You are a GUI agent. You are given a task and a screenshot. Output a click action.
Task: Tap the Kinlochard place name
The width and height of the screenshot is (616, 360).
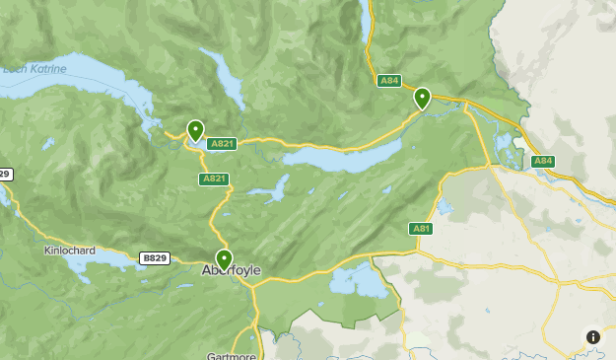pyautogui.click(x=70, y=251)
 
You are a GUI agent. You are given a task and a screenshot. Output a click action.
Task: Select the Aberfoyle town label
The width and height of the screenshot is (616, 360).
pyautogui.click(x=231, y=270)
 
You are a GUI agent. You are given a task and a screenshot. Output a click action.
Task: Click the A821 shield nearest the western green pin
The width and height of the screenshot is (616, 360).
pyautogui.click(x=221, y=144)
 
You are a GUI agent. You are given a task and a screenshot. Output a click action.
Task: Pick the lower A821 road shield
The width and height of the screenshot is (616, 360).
pyautogui.click(x=214, y=179)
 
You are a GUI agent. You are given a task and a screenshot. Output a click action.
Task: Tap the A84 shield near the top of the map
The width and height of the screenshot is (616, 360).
pyautogui.click(x=388, y=80)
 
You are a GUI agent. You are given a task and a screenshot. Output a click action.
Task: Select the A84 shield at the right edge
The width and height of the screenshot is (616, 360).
pyautogui.click(x=542, y=161)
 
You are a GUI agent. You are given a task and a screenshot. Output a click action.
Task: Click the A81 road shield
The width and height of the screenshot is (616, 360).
pyautogui.click(x=421, y=229)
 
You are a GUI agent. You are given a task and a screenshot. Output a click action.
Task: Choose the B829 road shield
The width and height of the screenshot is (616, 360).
pyautogui.click(x=154, y=258)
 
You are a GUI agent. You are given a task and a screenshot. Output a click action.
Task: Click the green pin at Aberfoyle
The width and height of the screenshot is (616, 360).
pyautogui.click(x=224, y=259)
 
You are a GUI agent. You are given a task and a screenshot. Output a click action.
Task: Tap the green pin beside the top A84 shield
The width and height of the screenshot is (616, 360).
pyautogui.click(x=422, y=98)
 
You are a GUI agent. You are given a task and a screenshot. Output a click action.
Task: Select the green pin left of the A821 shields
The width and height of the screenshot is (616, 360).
pyautogui.click(x=195, y=130)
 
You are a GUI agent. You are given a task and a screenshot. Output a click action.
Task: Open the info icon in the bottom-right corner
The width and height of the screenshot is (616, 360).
pyautogui.click(x=593, y=337)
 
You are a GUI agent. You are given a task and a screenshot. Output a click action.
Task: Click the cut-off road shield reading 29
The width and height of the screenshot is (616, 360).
pyautogui.click(x=5, y=175)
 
